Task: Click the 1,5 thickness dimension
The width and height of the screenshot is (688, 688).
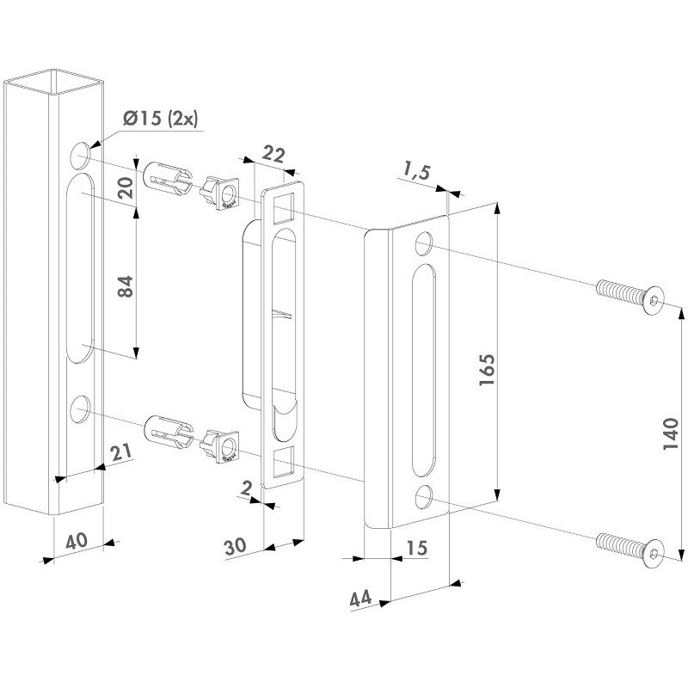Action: coord(416,173)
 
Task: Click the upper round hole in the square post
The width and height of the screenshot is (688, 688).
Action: coord(80,156)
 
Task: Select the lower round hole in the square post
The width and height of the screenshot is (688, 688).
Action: coord(80,409)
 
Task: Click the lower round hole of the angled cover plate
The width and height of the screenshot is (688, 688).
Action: coord(423,497)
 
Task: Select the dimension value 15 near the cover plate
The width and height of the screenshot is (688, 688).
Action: coord(416,547)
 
